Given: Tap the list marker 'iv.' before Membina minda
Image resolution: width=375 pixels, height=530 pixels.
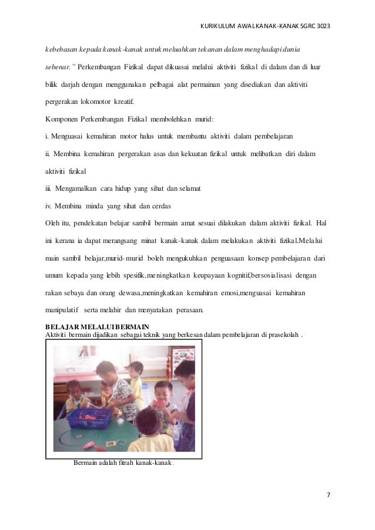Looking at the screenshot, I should pyautogui.click(x=49, y=206).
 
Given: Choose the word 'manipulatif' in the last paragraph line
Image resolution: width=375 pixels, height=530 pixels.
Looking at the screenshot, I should pyautogui.click(x=63, y=310).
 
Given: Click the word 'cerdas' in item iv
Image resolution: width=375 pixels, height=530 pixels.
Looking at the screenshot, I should pyautogui.click(x=162, y=206).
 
